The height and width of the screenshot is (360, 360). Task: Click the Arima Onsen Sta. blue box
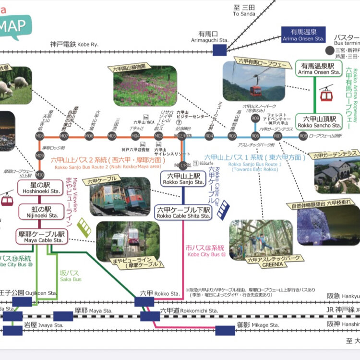(x=303, y=35)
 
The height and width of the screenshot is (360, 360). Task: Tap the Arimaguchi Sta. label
(x=211, y=37)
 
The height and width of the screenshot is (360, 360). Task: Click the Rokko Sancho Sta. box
(x=319, y=121)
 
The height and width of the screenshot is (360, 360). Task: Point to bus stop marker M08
(x=40, y=136)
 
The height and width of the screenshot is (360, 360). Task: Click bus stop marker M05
(x=112, y=136)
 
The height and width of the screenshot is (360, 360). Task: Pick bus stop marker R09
(x=255, y=118)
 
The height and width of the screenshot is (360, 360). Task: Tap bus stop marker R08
(x=303, y=136)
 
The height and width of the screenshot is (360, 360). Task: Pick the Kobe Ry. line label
(x=74, y=44)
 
